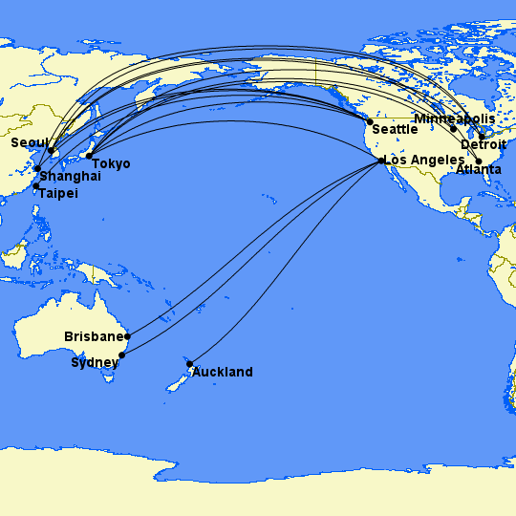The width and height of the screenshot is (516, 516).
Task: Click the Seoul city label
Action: pyautogui.click(x=28, y=143)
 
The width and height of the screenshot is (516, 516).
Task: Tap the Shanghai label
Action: pyautogui.click(x=70, y=177)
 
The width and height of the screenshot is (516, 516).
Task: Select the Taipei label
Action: pyautogui.click(x=58, y=194)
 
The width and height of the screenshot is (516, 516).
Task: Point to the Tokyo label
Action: pyautogui.click(x=112, y=164)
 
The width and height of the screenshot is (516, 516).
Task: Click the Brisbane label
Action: pyautogui.click(x=95, y=337)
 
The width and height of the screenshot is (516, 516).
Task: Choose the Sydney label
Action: pyautogui.click(x=94, y=363)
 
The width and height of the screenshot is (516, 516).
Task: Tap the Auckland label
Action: pyautogui.click(x=223, y=372)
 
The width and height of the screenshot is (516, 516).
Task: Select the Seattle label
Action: pyautogui.click(x=395, y=129)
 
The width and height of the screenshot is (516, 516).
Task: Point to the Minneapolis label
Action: pyautogui.click(x=455, y=118)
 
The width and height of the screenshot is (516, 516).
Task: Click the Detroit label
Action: pyautogui.click(x=484, y=144)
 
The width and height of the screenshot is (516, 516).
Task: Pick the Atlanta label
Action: pyautogui.click(x=479, y=170)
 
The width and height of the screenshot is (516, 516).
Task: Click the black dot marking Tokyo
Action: pyautogui.click(x=89, y=156)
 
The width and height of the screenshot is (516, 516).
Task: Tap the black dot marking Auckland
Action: pyautogui.click(x=190, y=364)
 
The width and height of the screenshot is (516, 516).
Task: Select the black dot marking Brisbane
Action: pyautogui.click(x=127, y=336)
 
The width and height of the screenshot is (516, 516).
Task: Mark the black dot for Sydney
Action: pyautogui.click(x=121, y=355)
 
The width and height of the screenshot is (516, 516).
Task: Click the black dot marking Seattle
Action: pyautogui.click(x=370, y=122)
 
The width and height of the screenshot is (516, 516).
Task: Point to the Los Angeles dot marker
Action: pyautogui.click(x=382, y=161)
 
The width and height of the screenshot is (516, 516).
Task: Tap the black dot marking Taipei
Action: pyautogui.click(x=36, y=185)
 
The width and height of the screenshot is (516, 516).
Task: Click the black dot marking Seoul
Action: pyautogui.click(x=51, y=151)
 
